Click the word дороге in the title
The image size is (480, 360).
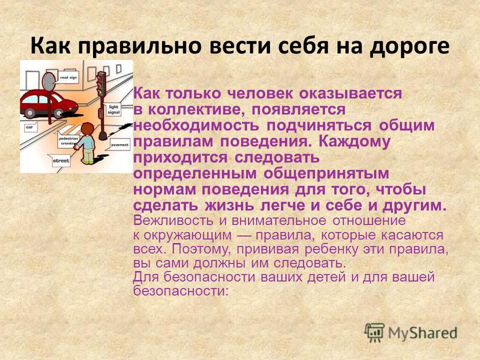pos(410,46)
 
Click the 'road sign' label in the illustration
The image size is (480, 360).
pos(68,78)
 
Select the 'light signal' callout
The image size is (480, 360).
pos(113,110)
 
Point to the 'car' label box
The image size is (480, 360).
pos(29,127)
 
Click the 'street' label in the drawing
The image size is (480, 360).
pos(61,161)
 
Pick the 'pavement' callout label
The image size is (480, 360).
pos(119,145)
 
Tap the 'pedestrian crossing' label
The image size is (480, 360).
pos(68,141)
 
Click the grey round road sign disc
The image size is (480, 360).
pos(49,82)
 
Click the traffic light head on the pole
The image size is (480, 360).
pos(101,83)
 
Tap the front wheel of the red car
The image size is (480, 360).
pos(59,113)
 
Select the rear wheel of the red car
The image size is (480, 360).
pos(29,113)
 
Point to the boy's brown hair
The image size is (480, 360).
pos(88,128)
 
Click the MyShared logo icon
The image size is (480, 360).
pos(374,332)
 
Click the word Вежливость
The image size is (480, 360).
pos(173,220)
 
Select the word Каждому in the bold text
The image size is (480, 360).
pos(355,142)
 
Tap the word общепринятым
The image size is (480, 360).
pos(326,173)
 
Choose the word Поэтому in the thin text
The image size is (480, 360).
pos(200,249)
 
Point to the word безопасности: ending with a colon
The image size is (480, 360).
pos(181,290)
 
